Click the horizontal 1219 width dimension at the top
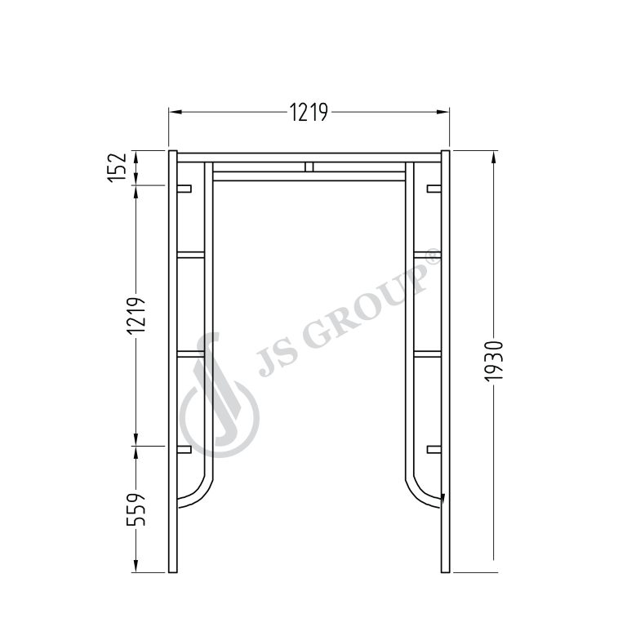click(x=309, y=112)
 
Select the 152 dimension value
click(x=118, y=167)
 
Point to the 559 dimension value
click(x=136, y=509)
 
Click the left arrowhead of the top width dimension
click(x=176, y=112)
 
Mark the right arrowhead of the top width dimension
click(x=442, y=112)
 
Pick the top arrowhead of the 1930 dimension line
click(x=494, y=158)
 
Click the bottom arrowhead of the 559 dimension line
click(x=136, y=566)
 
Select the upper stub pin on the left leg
click(x=184, y=189)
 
